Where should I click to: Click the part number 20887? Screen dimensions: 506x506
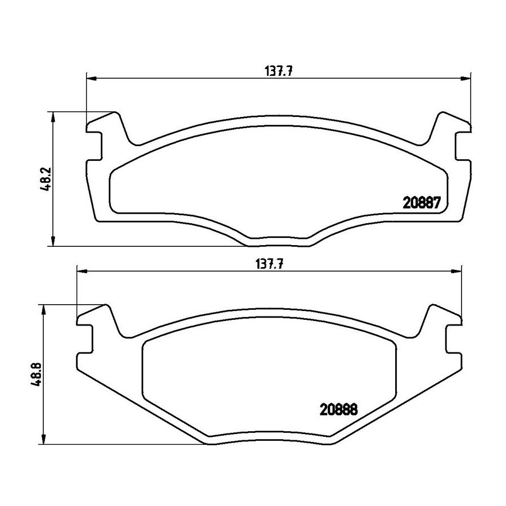point(422,203)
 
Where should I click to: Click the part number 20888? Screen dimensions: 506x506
point(338,410)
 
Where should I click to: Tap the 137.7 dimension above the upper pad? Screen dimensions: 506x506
point(278,71)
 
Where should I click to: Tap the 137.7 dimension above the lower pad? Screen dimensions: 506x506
point(269,264)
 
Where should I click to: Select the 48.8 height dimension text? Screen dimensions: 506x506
point(36,374)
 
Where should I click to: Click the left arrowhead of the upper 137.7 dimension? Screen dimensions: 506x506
point(92,78)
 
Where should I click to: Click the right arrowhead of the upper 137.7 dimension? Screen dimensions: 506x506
point(465,78)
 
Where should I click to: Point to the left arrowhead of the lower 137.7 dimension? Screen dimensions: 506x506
point(82,271)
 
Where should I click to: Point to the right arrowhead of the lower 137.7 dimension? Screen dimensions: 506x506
point(457,271)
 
